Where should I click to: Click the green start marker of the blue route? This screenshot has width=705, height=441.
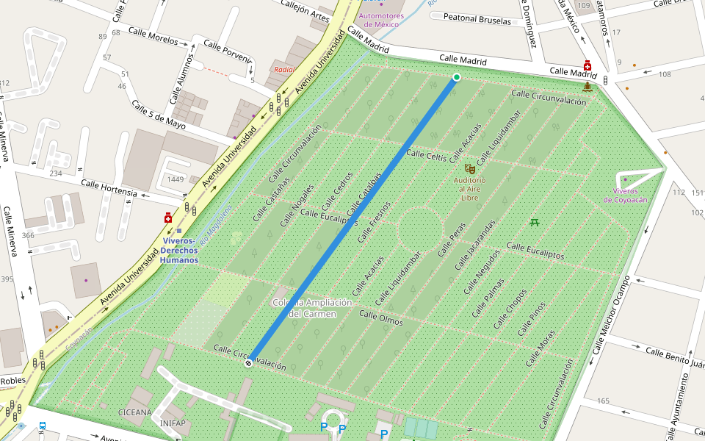tap(456, 77)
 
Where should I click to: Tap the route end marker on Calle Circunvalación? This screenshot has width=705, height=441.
tap(248, 362)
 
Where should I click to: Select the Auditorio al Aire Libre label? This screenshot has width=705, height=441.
tap(469, 188)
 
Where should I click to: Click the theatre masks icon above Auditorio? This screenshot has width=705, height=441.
tap(469, 169)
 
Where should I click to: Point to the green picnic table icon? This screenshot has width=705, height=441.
tap(535, 221)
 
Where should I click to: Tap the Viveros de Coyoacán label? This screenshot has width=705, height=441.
tap(625, 195)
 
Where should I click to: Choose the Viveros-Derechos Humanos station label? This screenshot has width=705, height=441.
tap(179, 250)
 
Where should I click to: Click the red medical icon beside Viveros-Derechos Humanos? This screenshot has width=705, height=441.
tap(168, 218)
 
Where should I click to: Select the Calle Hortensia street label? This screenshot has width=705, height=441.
tap(109, 188)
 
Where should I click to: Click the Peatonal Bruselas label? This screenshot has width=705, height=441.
tap(477, 21)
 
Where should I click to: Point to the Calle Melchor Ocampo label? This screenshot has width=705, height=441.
tap(611, 314)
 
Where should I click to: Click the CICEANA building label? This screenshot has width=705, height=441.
tap(134, 412)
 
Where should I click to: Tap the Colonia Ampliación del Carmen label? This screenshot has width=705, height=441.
tap(313, 308)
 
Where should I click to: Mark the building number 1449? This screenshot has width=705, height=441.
tap(175, 179)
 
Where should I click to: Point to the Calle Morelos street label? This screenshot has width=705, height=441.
tap(153, 34)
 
